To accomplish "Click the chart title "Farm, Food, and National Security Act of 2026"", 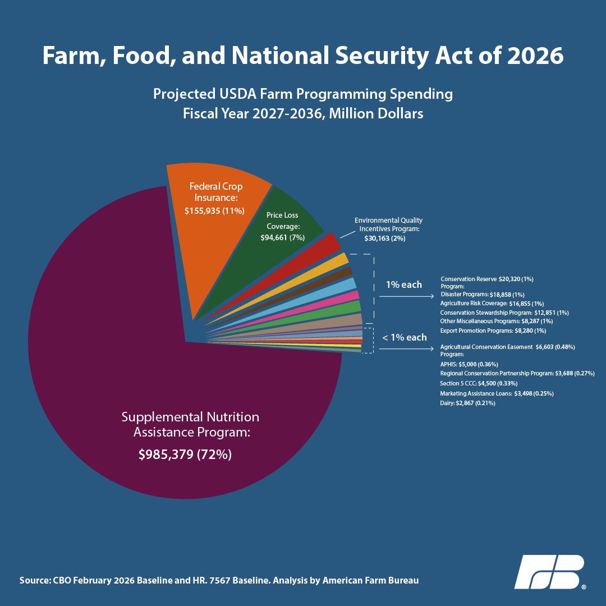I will pyautogui.click(x=303, y=57).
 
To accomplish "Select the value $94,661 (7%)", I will pyautogui.click(x=282, y=237).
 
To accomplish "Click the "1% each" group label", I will pyautogui.click(x=403, y=284).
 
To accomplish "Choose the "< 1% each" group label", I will pyautogui.click(x=404, y=337).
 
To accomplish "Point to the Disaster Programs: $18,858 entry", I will pyautogui.click(x=482, y=294).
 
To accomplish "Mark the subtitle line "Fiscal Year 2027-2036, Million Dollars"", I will pyautogui.click(x=303, y=113).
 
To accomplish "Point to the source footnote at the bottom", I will pyautogui.click(x=219, y=580).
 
